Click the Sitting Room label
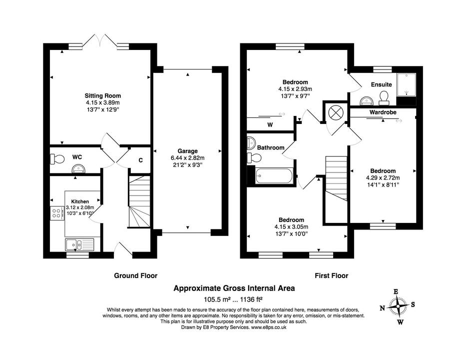click(102, 95)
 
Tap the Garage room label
click(187, 151)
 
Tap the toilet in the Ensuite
click(385, 96)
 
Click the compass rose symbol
click(399, 305)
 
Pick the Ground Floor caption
click(135, 275)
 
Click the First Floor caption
click(331, 275)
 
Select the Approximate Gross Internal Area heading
click(234, 288)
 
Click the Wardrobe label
click(383, 112)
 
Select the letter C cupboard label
click(141, 160)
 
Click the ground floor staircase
click(139, 201)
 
